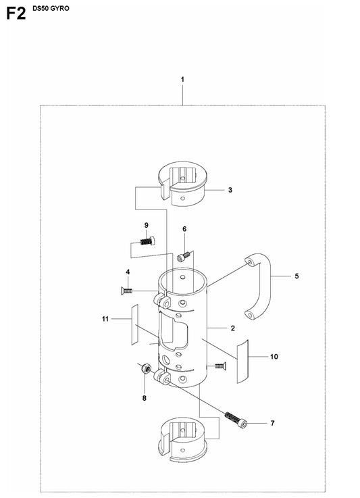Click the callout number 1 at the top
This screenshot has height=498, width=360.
tap(182, 80)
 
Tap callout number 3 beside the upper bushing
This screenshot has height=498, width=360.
tap(230, 190)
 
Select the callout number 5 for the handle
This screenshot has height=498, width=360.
tap(297, 276)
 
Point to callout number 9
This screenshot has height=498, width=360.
tap(147, 225)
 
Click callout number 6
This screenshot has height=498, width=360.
tap(184, 229)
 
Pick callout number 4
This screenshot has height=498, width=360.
tap(128, 272)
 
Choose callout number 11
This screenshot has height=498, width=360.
tap(105, 319)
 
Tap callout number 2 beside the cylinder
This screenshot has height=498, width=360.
tap(233, 328)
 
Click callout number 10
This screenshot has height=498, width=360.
tap(274, 357)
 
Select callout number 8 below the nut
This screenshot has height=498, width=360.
tap(144, 398)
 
